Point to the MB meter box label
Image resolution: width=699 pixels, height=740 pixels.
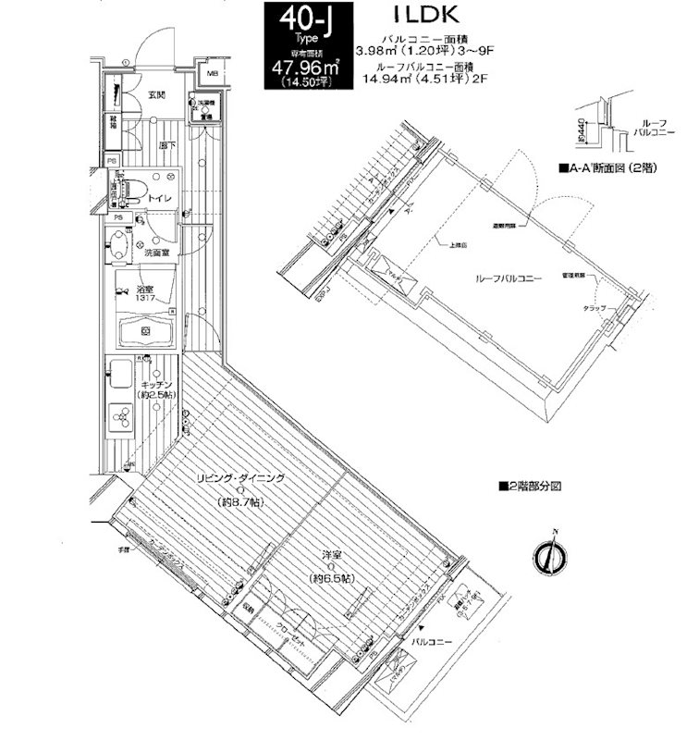tap(212, 73)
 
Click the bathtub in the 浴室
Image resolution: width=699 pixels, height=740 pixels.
tap(146, 329)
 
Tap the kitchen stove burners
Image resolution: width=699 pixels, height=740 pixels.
tap(123, 417)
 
